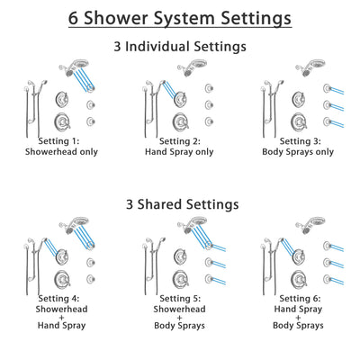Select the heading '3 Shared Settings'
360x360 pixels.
(x=180, y=204)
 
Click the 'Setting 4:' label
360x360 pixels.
(x=64, y=297)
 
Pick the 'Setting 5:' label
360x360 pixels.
(x=181, y=297)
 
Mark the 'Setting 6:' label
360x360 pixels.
(x=297, y=297)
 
